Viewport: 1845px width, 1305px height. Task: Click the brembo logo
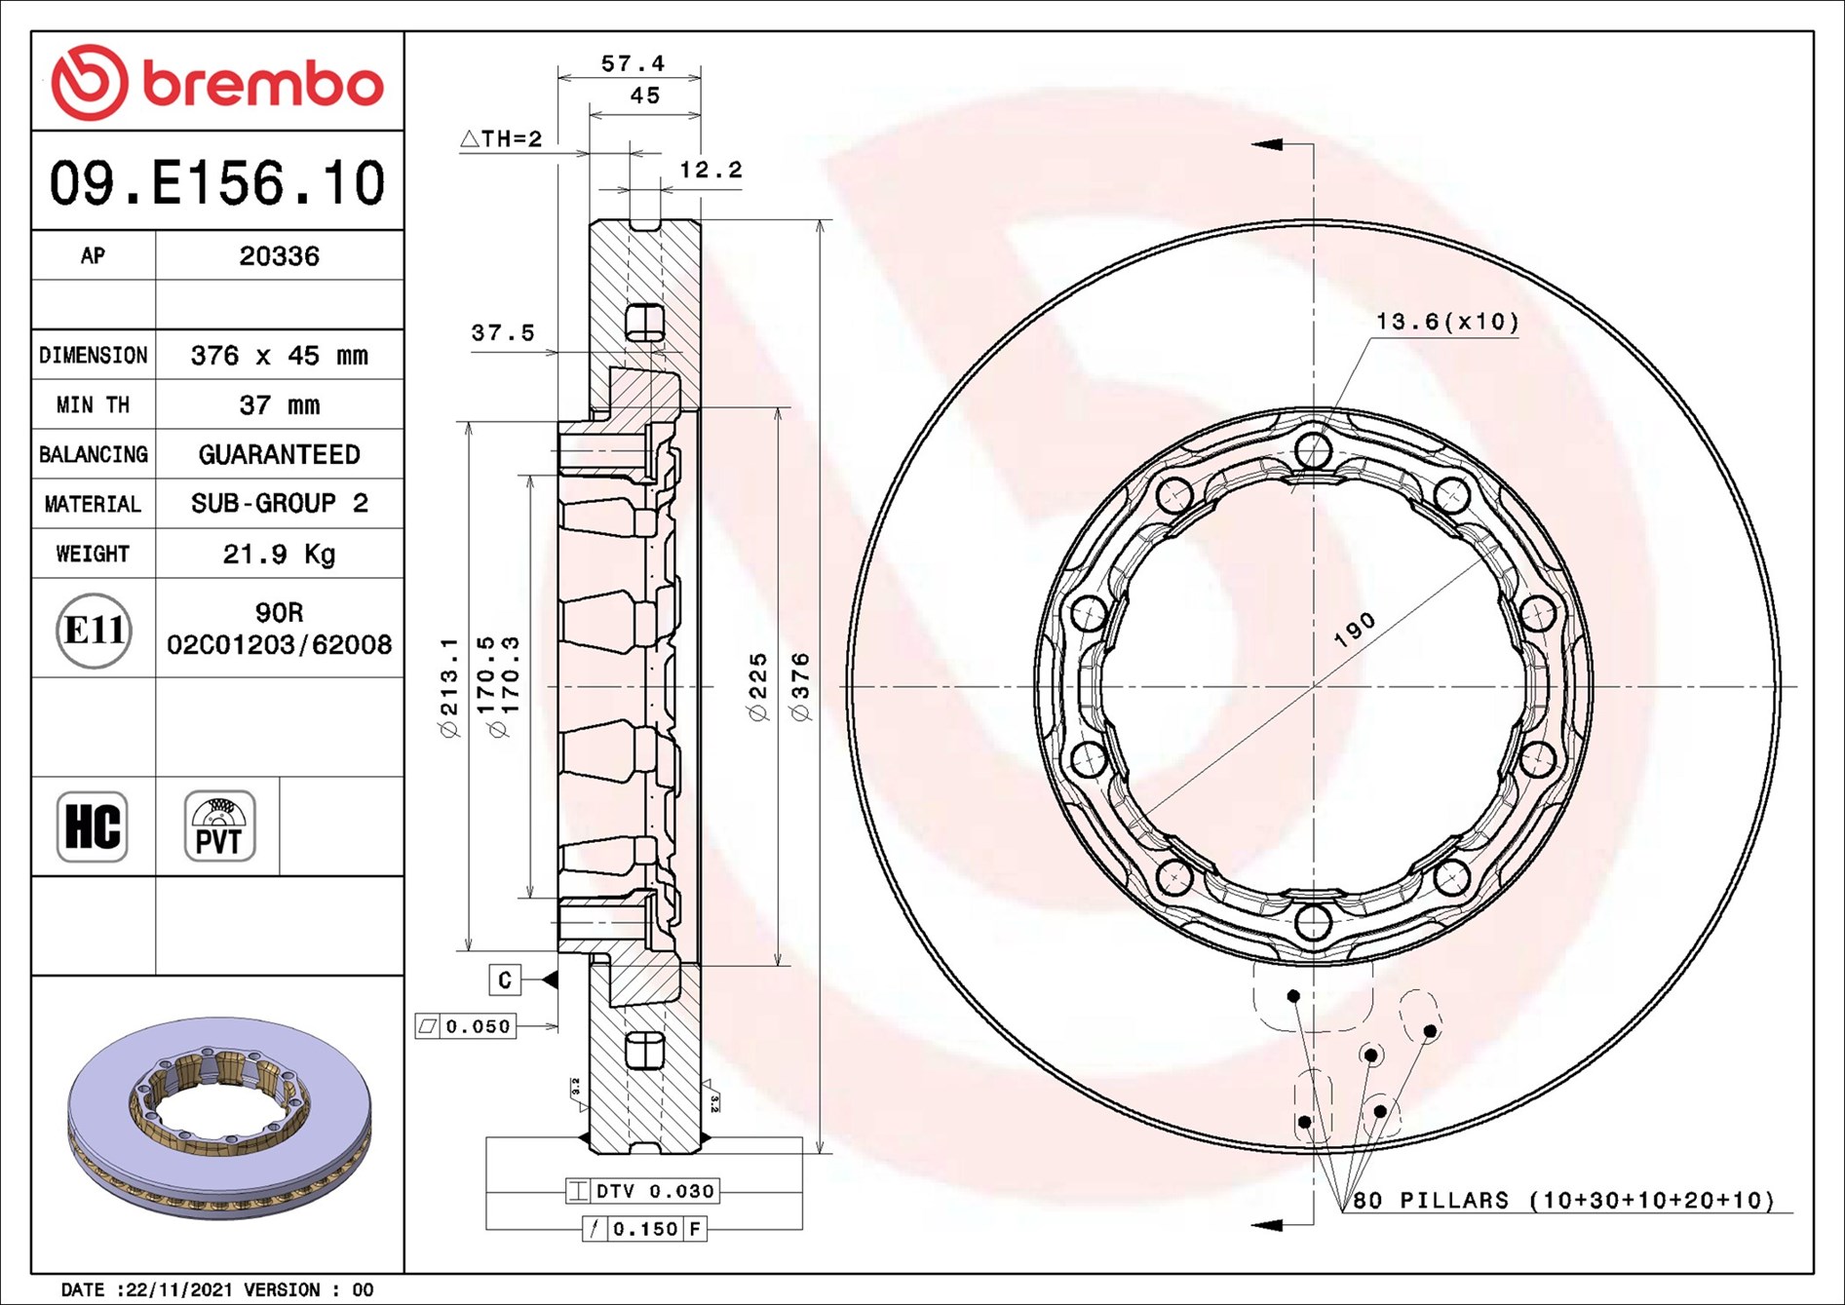[x=216, y=83]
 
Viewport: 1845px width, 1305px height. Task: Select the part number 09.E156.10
[x=217, y=183]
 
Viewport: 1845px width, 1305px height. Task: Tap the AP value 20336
[x=279, y=256]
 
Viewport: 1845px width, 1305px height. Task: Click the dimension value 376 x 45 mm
[x=279, y=356]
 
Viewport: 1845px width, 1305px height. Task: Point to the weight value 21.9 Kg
[x=279, y=554]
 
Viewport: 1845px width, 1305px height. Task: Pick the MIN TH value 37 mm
[x=279, y=405]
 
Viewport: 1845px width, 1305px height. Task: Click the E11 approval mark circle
[x=94, y=631]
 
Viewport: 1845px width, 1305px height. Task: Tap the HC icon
[x=93, y=826]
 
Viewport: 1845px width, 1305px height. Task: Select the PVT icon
[x=219, y=826]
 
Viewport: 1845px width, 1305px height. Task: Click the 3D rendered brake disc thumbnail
[x=219, y=1119]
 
